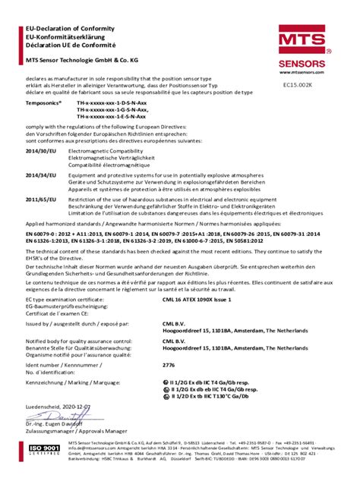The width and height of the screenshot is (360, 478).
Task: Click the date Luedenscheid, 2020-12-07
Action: tap(58, 407)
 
